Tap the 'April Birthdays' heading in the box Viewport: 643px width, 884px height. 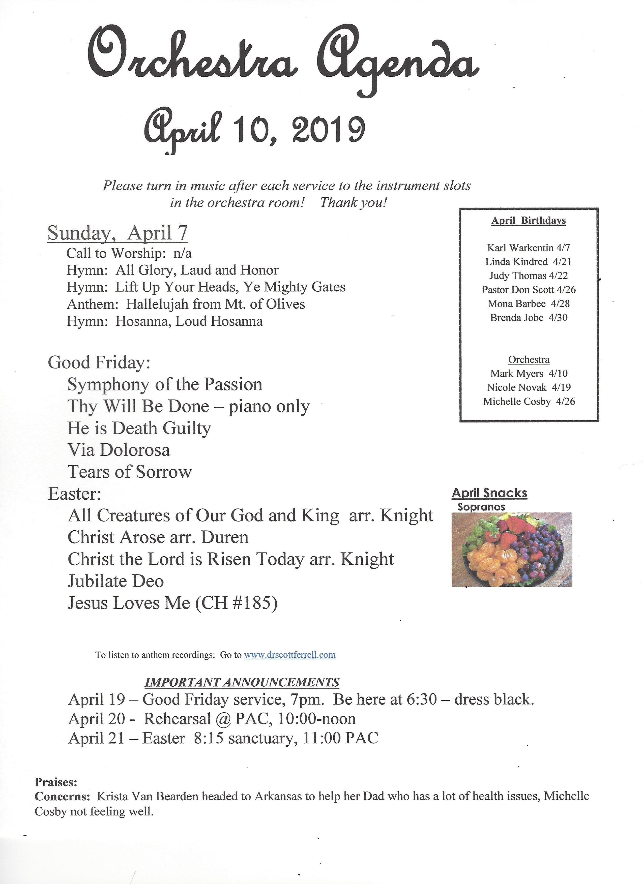click(528, 221)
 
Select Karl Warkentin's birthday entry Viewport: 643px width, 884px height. click(528, 248)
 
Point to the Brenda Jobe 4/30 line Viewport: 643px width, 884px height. click(528, 318)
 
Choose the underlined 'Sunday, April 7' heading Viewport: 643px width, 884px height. click(117, 233)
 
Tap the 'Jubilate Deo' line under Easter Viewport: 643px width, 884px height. click(116, 581)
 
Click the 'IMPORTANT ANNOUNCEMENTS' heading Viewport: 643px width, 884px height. click(242, 683)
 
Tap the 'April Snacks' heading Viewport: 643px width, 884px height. click(489, 493)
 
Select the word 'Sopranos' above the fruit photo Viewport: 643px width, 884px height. click(481, 507)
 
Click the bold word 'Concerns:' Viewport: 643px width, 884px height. click(62, 796)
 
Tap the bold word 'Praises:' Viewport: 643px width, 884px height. click(56, 782)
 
